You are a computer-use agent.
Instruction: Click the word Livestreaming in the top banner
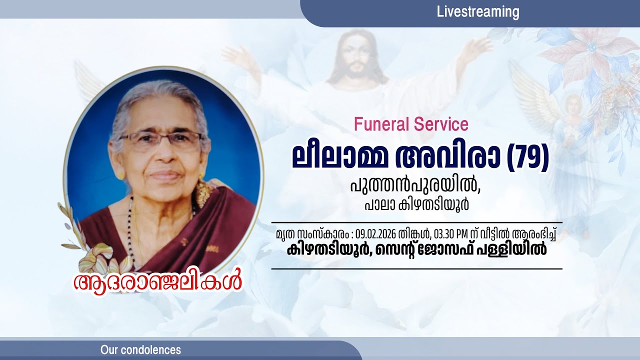pos(478,12)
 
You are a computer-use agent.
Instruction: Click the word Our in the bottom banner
pos(109,350)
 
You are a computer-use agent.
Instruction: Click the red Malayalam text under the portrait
pos(157,281)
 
